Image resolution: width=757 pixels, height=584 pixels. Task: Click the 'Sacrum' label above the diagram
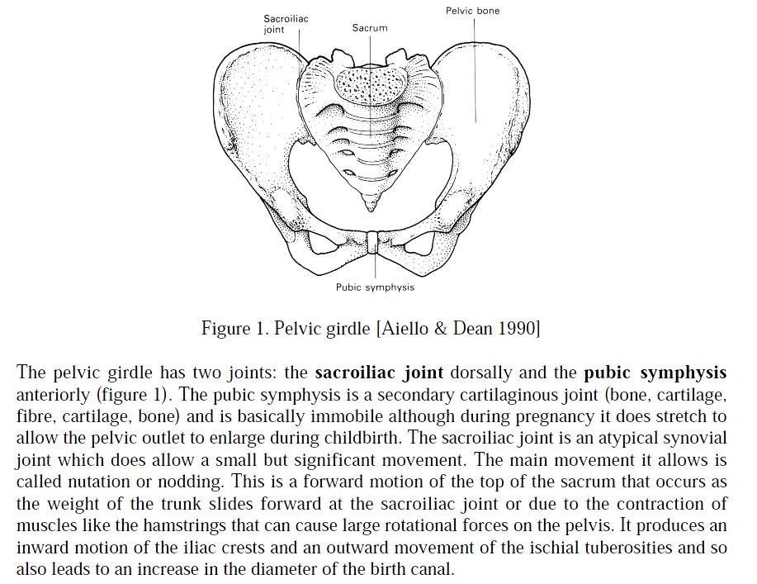point(369,28)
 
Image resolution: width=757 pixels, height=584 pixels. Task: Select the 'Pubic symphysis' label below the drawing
point(375,287)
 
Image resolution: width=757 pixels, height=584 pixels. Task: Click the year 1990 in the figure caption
point(517,328)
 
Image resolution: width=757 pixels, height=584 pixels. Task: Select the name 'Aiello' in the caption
point(405,328)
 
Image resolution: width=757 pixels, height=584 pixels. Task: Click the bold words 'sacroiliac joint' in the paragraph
point(379,372)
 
